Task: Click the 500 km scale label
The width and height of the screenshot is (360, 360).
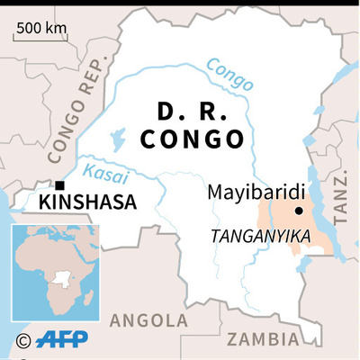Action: (x=41, y=27)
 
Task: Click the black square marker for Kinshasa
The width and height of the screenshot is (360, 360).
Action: (x=58, y=186)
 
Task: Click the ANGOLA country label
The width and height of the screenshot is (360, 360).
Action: (x=148, y=319)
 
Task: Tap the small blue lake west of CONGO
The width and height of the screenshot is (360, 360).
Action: (x=117, y=139)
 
